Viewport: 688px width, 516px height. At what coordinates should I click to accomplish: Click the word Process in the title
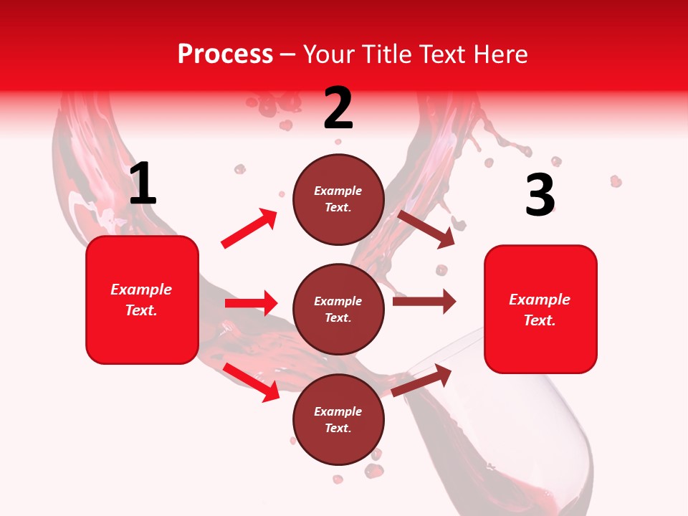click(225, 54)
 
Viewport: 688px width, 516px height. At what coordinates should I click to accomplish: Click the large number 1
click(143, 183)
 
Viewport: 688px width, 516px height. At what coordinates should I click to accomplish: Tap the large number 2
click(338, 108)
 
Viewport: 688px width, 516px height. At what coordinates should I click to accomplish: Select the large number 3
click(540, 195)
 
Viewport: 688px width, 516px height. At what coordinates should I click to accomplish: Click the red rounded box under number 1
click(142, 300)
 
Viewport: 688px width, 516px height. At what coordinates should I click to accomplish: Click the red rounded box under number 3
click(540, 309)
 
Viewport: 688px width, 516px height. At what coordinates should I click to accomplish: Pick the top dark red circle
click(338, 199)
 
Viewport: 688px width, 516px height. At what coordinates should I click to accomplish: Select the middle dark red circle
click(338, 309)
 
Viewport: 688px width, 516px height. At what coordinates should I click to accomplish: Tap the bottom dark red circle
click(338, 419)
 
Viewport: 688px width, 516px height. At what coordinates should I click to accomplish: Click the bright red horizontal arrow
click(251, 303)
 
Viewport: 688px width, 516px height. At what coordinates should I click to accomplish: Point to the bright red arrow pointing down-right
click(251, 381)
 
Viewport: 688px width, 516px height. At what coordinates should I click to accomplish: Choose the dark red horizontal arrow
click(424, 302)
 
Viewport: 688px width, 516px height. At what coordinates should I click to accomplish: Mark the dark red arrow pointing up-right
click(422, 381)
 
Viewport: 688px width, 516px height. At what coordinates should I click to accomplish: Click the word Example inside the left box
click(141, 290)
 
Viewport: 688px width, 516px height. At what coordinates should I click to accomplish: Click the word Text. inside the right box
click(540, 320)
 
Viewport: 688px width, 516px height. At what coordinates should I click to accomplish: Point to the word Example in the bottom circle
click(338, 411)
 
